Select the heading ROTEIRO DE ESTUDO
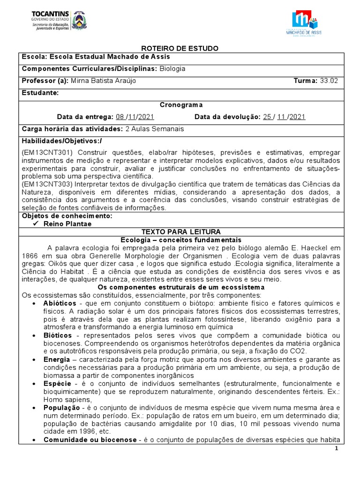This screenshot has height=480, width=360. (x=180, y=49)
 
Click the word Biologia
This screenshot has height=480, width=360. (x=172, y=68)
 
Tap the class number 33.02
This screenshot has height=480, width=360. (x=329, y=81)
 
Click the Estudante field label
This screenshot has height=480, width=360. (x=40, y=93)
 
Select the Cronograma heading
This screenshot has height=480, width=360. (x=181, y=105)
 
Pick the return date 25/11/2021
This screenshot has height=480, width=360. (x=284, y=117)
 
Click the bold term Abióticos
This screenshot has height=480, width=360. (x=60, y=303)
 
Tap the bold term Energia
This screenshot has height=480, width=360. (x=57, y=359)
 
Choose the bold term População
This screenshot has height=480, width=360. (x=60, y=408)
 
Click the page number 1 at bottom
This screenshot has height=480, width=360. (x=349, y=449)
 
